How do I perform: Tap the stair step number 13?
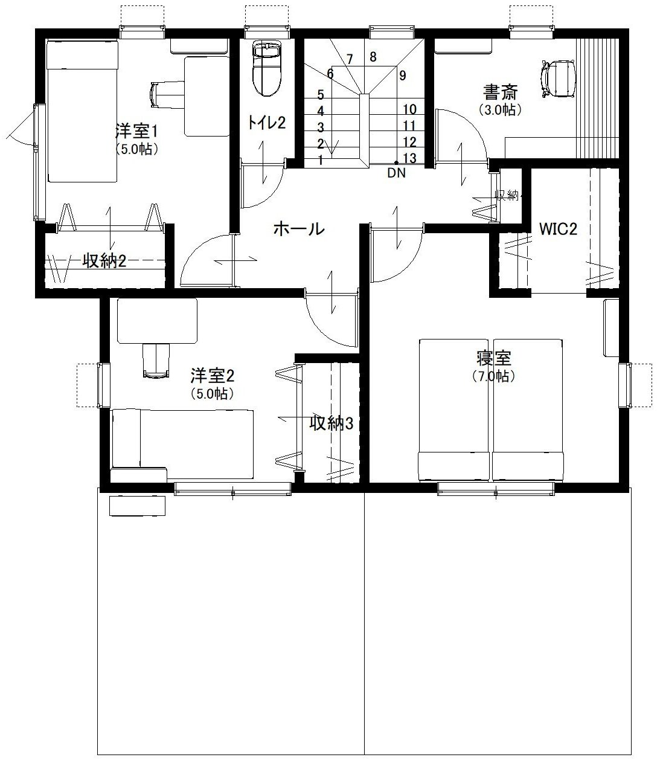pos(409,158)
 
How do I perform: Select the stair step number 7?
pos(350,59)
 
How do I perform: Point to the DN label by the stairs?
pos(396,173)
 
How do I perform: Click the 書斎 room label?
pos(500,92)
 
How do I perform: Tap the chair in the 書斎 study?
pos(559,79)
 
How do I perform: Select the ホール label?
pos(299,228)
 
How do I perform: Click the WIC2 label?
pos(558,230)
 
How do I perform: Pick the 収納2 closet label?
pos(104,261)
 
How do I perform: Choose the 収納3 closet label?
pos(331,423)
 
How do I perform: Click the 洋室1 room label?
pos(136,131)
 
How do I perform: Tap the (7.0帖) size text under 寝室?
pos(494,376)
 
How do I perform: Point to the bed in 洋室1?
pos(82,111)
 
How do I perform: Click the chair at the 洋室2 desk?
pos(156,360)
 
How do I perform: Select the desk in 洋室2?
pos(157,321)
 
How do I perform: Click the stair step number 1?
pos(321,160)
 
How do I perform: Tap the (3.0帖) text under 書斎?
pos(500,110)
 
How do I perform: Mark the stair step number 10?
pos(409,109)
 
